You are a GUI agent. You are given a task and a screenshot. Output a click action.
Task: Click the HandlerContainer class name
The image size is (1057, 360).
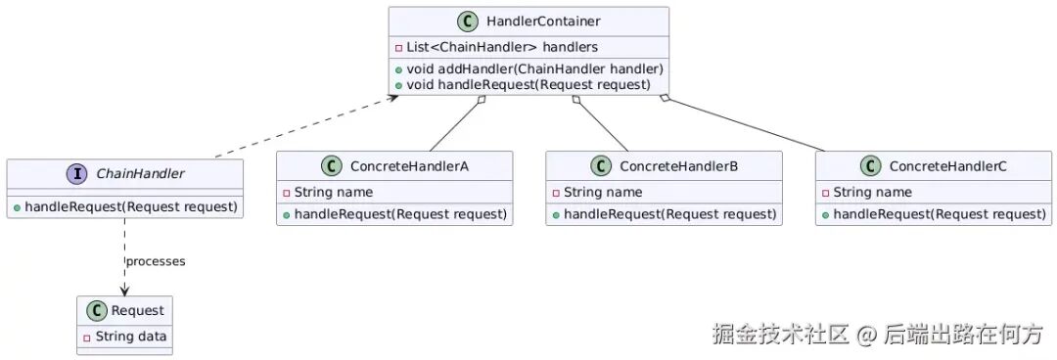click(542, 22)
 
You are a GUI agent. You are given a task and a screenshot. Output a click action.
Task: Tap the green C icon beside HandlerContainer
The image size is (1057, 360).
click(467, 22)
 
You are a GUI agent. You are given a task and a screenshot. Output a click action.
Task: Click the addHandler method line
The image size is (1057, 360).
click(529, 68)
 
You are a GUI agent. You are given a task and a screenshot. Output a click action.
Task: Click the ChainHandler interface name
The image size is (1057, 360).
click(140, 174)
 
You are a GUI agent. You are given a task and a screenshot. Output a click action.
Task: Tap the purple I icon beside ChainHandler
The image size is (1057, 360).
click(76, 174)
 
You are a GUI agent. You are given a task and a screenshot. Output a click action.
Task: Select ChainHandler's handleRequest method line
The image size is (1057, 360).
click(125, 207)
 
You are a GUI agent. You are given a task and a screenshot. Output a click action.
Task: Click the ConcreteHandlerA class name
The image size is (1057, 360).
click(409, 166)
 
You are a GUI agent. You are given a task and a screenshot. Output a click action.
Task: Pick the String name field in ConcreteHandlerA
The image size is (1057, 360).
click(328, 193)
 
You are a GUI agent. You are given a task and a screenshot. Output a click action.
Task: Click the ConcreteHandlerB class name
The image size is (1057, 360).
click(679, 166)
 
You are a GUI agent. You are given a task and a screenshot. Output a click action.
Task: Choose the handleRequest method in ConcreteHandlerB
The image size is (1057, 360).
click(664, 215)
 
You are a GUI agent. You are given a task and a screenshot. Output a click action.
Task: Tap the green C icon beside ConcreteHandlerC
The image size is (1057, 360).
click(870, 166)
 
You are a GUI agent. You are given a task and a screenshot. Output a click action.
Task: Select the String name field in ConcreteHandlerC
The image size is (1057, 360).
click(867, 193)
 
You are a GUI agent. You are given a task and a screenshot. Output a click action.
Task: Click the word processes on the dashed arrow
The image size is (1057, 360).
click(156, 261)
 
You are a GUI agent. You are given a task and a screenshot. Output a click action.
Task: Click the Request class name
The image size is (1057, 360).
click(138, 311)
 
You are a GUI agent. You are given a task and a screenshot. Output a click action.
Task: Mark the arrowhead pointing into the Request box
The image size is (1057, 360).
click(124, 290)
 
